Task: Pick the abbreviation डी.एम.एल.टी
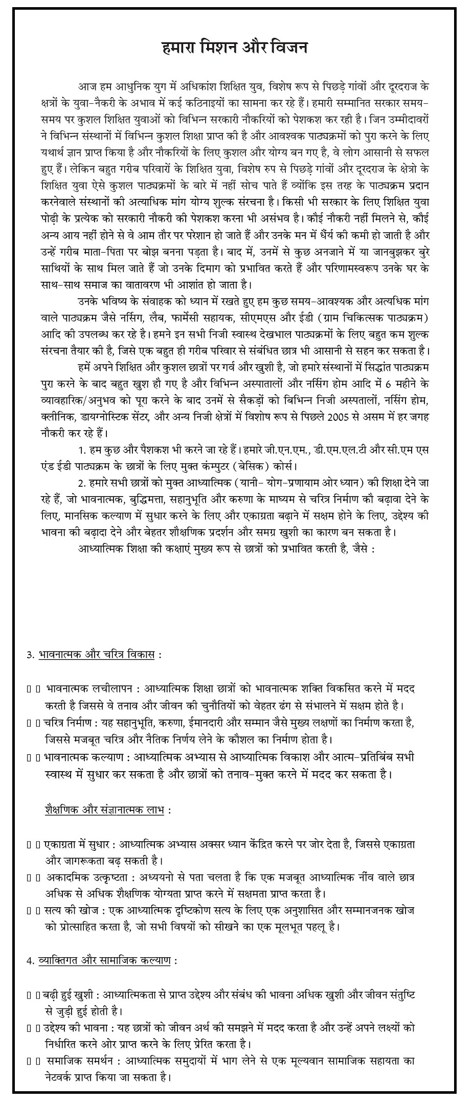tap(320, 450)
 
